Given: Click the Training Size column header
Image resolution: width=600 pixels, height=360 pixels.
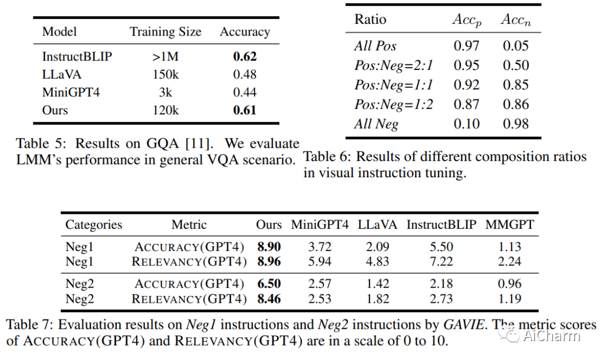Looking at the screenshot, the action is pyautogui.click(x=166, y=32).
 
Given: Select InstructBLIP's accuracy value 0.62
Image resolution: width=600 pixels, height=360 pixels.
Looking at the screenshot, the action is pyautogui.click(x=245, y=57).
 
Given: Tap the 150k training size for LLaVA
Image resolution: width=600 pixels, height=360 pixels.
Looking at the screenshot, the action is pyautogui.click(x=166, y=74).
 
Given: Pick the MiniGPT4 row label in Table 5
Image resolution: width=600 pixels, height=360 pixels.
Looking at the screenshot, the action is pyautogui.click(x=71, y=92).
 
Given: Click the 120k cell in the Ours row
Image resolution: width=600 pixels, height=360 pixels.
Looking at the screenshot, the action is pyautogui.click(x=166, y=110).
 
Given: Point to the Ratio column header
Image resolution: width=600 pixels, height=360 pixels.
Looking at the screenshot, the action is pyautogui.click(x=370, y=19).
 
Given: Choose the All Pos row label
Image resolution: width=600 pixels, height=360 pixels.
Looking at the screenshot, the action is pyautogui.click(x=375, y=46).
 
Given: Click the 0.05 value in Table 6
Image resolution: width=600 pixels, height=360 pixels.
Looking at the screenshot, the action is pyautogui.click(x=516, y=46).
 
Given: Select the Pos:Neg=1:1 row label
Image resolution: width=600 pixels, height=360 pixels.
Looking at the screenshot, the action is pyautogui.click(x=393, y=85).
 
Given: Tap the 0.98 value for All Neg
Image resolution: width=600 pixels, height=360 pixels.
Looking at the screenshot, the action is pyautogui.click(x=516, y=124).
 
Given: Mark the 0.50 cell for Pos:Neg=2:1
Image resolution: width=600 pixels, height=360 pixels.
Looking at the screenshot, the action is pyautogui.click(x=516, y=66).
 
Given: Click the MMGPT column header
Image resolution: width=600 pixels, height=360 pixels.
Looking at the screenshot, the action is pyautogui.click(x=509, y=224).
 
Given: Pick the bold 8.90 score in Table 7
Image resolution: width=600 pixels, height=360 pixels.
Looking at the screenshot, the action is pyautogui.click(x=269, y=247).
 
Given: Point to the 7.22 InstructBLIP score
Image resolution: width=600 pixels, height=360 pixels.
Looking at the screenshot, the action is pyautogui.click(x=441, y=262).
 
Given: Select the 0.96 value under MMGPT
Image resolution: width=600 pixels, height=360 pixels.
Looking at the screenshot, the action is pyautogui.click(x=509, y=284).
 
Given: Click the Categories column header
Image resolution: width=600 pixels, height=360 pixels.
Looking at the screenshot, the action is pyautogui.click(x=94, y=224).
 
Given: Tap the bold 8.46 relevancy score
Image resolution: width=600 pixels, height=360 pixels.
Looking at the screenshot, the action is pyautogui.click(x=269, y=299).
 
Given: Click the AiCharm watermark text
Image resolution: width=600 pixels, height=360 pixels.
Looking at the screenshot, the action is pyautogui.click(x=551, y=336).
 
